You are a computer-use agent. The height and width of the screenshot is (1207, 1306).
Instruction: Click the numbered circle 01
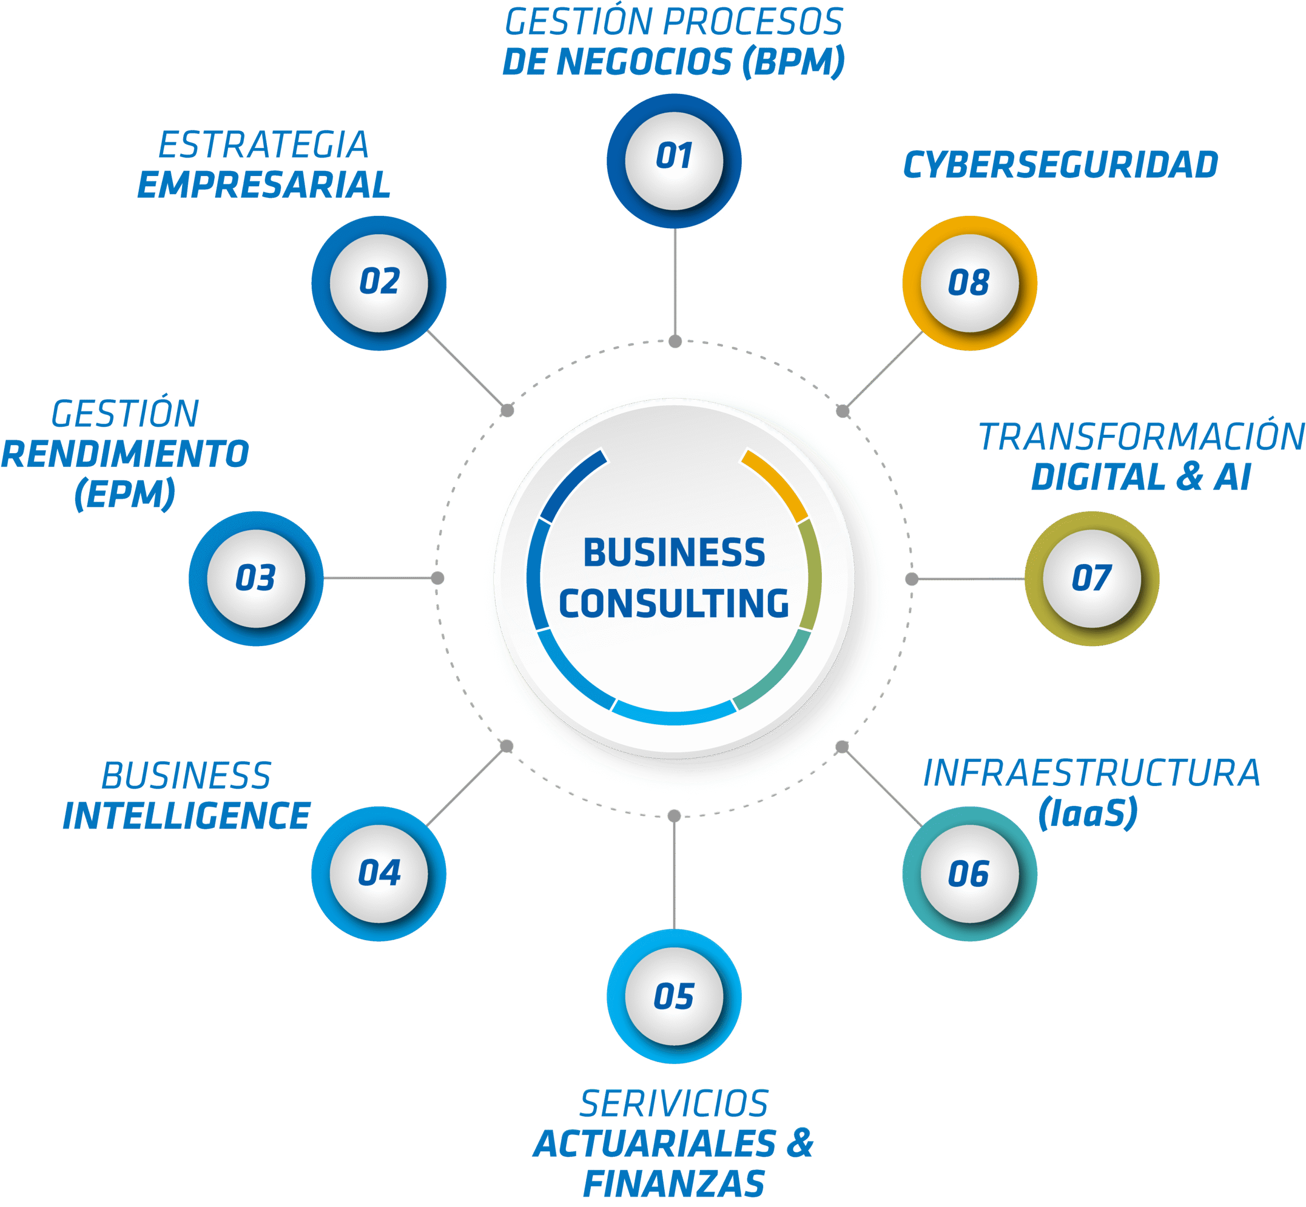(x=674, y=161)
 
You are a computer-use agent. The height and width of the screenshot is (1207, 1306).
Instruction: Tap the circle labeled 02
(x=379, y=283)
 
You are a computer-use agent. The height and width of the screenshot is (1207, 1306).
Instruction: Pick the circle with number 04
(x=379, y=874)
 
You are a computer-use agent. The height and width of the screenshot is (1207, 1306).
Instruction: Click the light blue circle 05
(x=674, y=997)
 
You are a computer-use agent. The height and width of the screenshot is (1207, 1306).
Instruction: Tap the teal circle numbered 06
(x=969, y=874)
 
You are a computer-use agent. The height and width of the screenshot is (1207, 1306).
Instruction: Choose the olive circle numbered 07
(x=1092, y=579)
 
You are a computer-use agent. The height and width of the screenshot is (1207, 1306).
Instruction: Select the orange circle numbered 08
(x=969, y=283)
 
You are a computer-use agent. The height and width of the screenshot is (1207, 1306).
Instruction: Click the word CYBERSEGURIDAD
(x=1061, y=164)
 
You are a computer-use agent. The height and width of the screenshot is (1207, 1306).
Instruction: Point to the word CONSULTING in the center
(x=674, y=603)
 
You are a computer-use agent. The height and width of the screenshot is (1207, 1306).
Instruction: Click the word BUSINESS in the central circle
(x=674, y=553)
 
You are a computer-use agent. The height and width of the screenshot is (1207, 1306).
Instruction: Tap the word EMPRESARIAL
(x=264, y=185)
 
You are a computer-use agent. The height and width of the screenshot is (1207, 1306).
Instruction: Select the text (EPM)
(x=124, y=494)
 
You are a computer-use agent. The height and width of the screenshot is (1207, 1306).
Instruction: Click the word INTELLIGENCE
(x=186, y=816)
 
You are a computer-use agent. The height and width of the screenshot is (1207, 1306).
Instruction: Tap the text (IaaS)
(x=1088, y=813)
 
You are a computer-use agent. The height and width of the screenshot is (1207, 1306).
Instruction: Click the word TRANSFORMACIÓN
(x=1141, y=437)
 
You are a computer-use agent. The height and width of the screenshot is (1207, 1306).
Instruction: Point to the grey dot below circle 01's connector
(x=675, y=341)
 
